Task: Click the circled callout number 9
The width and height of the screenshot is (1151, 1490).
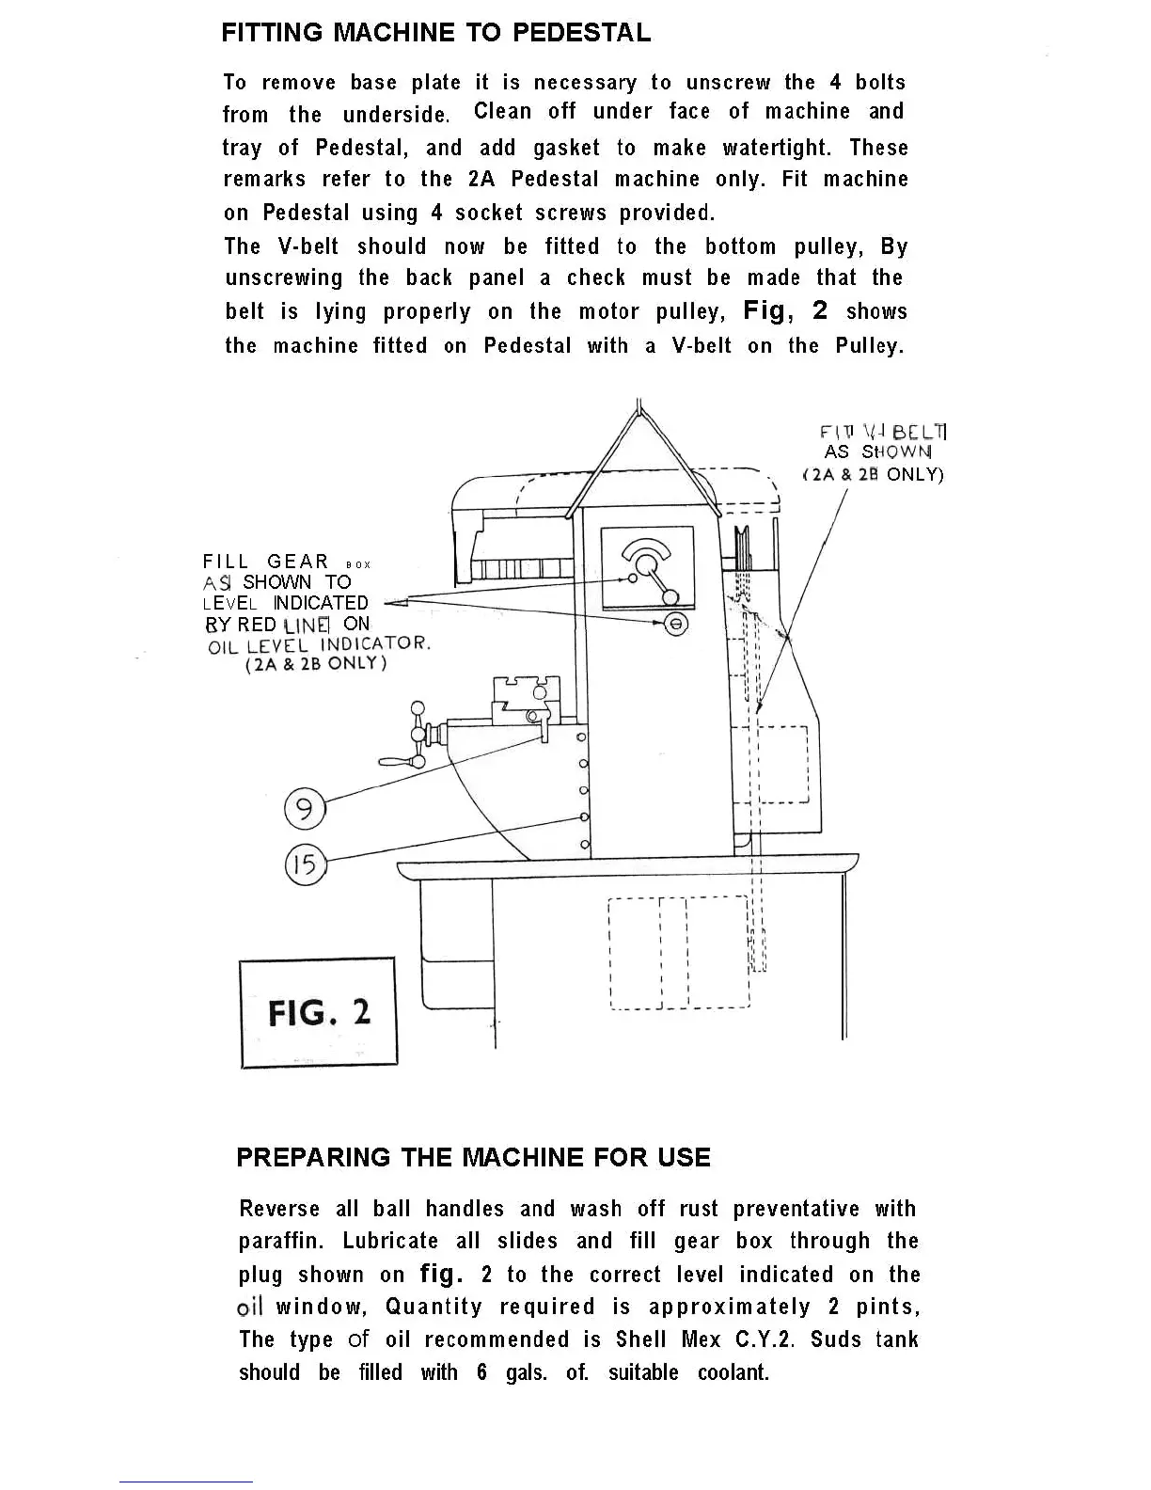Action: pos(304,809)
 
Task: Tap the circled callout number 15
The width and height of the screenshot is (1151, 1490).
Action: pos(305,864)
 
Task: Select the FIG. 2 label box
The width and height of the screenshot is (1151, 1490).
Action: pos(319,1012)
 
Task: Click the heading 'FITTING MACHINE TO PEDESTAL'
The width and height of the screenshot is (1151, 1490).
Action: pos(435,33)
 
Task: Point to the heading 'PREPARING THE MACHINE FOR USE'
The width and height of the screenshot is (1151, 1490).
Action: pos(473,1157)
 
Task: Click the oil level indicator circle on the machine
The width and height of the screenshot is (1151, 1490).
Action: pos(676,624)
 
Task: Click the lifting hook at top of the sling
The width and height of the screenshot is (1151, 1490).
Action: pos(639,406)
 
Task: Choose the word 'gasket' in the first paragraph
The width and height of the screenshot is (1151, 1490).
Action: pos(566,148)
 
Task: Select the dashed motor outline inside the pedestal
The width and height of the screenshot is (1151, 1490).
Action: pos(679,953)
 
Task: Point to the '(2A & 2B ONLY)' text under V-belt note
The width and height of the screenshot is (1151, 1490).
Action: pos(873,474)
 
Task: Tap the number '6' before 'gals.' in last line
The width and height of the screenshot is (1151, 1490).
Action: pos(481,1372)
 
